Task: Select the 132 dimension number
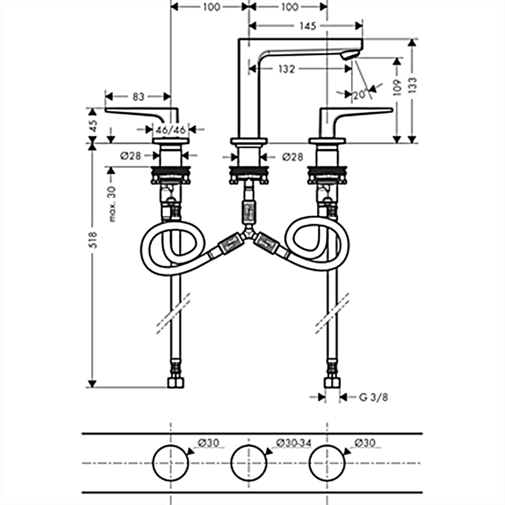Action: click(x=287, y=69)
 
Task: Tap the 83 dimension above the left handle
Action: click(x=139, y=97)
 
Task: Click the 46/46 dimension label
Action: click(x=171, y=129)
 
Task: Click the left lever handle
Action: click(x=142, y=113)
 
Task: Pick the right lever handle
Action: click(x=357, y=113)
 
